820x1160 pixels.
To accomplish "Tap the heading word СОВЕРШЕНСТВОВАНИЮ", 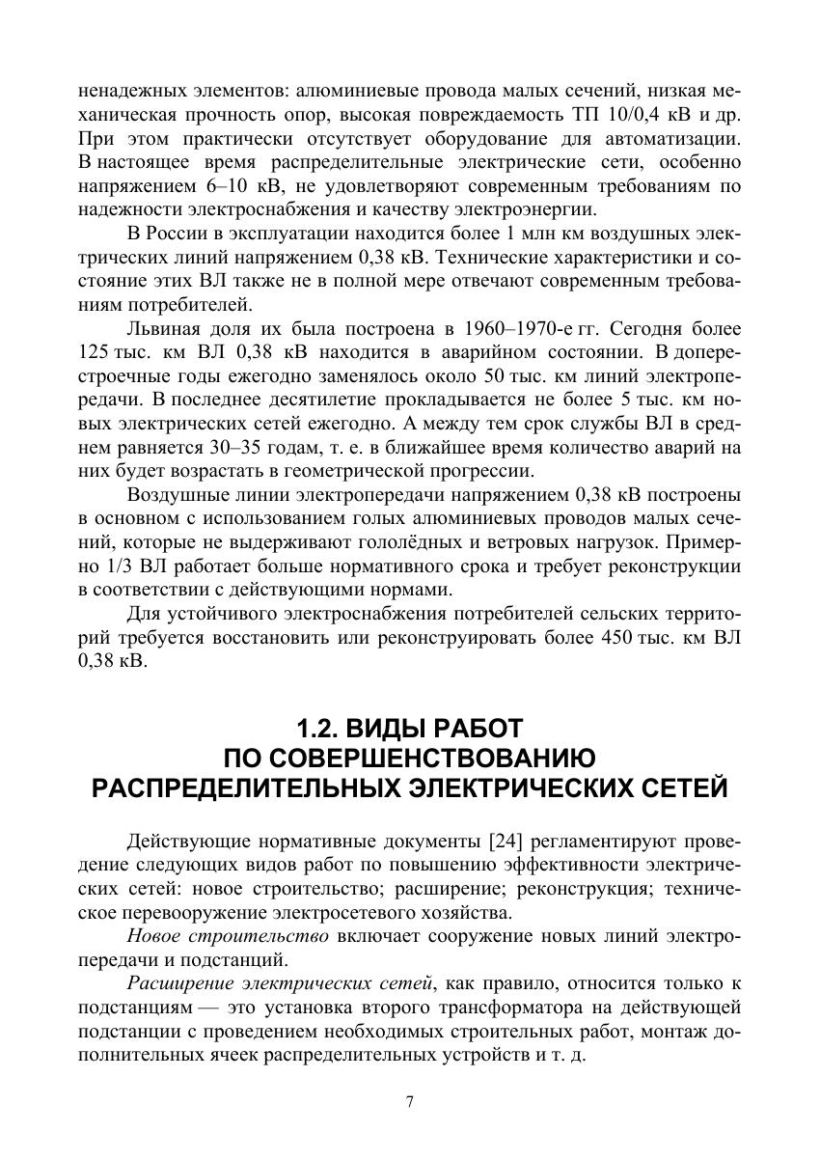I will pyautogui.click(x=410, y=757).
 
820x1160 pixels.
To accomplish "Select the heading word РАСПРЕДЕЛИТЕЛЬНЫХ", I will pyautogui.click(x=240, y=787).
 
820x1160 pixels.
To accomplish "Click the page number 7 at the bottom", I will pyautogui.click(x=410, y=1105).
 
